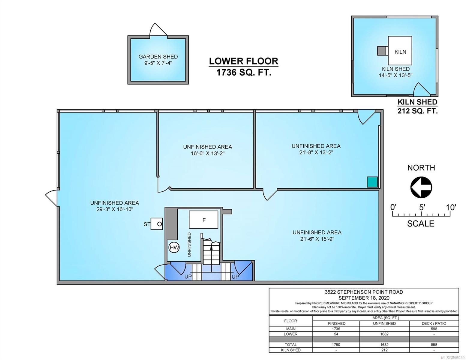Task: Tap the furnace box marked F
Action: coord(203,220)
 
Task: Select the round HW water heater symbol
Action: coord(174,247)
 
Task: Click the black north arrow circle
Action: coord(421,187)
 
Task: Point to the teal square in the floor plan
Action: coord(372,182)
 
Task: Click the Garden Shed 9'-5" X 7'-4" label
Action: coord(158,60)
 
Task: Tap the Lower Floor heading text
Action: coord(244,61)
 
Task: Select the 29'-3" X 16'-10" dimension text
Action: coord(115,209)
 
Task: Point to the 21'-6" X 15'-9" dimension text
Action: coord(317,238)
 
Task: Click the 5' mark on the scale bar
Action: coord(422,214)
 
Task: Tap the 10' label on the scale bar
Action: coord(451,207)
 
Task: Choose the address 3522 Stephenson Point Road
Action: coord(364,292)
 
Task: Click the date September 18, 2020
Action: coord(364,298)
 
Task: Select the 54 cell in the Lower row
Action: coord(336,334)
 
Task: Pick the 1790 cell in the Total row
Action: coord(336,345)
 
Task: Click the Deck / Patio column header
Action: coord(434,323)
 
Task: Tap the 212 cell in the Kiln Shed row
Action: coord(384,350)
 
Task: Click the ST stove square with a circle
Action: coord(157,224)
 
